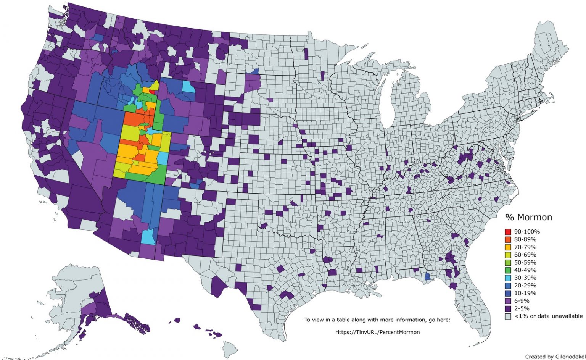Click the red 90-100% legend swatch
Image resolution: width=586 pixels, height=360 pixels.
coord(508,232)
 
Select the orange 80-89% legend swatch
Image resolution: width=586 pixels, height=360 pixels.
coord(508,239)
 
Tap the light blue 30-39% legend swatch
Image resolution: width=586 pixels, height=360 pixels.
coord(508,278)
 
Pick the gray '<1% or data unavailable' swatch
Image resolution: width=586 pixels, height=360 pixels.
coord(508,316)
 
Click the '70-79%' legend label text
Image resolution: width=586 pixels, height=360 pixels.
coord(525,247)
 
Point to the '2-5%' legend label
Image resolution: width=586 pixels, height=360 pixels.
coord(522,308)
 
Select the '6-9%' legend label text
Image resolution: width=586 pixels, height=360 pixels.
coord(522,301)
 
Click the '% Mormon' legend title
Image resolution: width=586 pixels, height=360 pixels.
coord(528,217)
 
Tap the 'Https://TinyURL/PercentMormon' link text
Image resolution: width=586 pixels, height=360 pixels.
coord(377,332)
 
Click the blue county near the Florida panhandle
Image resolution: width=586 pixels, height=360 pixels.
coord(428,276)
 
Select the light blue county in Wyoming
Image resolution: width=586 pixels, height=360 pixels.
coord(188,87)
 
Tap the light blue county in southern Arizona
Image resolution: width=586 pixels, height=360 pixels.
coord(148,237)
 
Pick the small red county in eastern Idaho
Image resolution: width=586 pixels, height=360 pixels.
coord(152,92)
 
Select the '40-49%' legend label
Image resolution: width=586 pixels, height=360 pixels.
coord(525,270)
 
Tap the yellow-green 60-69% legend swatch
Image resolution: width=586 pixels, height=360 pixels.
coord(508,255)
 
